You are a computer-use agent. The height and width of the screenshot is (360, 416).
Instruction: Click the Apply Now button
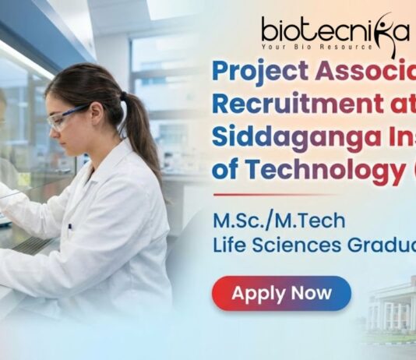[x=281, y=293]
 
